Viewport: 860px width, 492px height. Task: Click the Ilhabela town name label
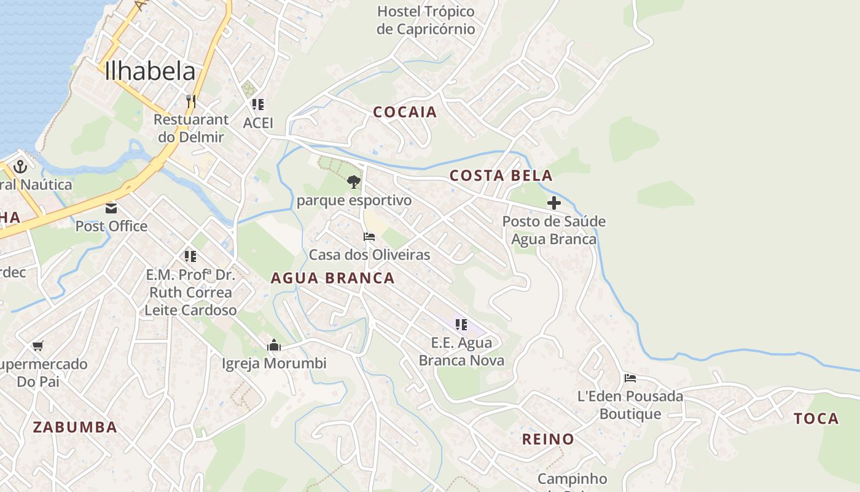pyautogui.click(x=150, y=71)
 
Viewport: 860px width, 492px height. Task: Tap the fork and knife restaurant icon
pyautogui.click(x=191, y=101)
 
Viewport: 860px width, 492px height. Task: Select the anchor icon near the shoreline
pyautogui.click(x=20, y=167)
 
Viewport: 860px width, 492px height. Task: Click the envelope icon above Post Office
pyautogui.click(x=111, y=208)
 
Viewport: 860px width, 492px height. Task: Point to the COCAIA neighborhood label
pyautogui.click(x=405, y=112)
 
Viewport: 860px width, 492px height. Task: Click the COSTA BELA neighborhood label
pyautogui.click(x=501, y=176)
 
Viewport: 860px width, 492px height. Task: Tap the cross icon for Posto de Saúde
pyautogui.click(x=553, y=203)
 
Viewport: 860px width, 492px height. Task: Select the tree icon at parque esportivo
pyautogui.click(x=353, y=182)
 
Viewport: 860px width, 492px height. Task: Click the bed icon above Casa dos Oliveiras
pyautogui.click(x=369, y=237)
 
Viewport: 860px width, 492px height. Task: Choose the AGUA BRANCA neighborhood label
pyautogui.click(x=332, y=278)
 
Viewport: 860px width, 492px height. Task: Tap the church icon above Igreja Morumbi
pyautogui.click(x=274, y=345)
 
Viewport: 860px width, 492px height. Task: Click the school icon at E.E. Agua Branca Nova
pyautogui.click(x=461, y=324)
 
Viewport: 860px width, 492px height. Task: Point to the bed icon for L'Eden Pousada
pyautogui.click(x=630, y=378)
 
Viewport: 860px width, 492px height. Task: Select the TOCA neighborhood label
pyautogui.click(x=816, y=419)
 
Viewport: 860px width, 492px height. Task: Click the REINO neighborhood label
pyautogui.click(x=548, y=439)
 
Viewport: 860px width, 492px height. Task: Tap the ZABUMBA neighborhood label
pyautogui.click(x=75, y=427)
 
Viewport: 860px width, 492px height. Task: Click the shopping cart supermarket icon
pyautogui.click(x=38, y=346)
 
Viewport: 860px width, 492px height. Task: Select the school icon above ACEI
pyautogui.click(x=258, y=105)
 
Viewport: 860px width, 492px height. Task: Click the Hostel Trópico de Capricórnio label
pyautogui.click(x=426, y=20)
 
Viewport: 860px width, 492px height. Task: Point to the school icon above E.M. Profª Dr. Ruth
pyautogui.click(x=190, y=256)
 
